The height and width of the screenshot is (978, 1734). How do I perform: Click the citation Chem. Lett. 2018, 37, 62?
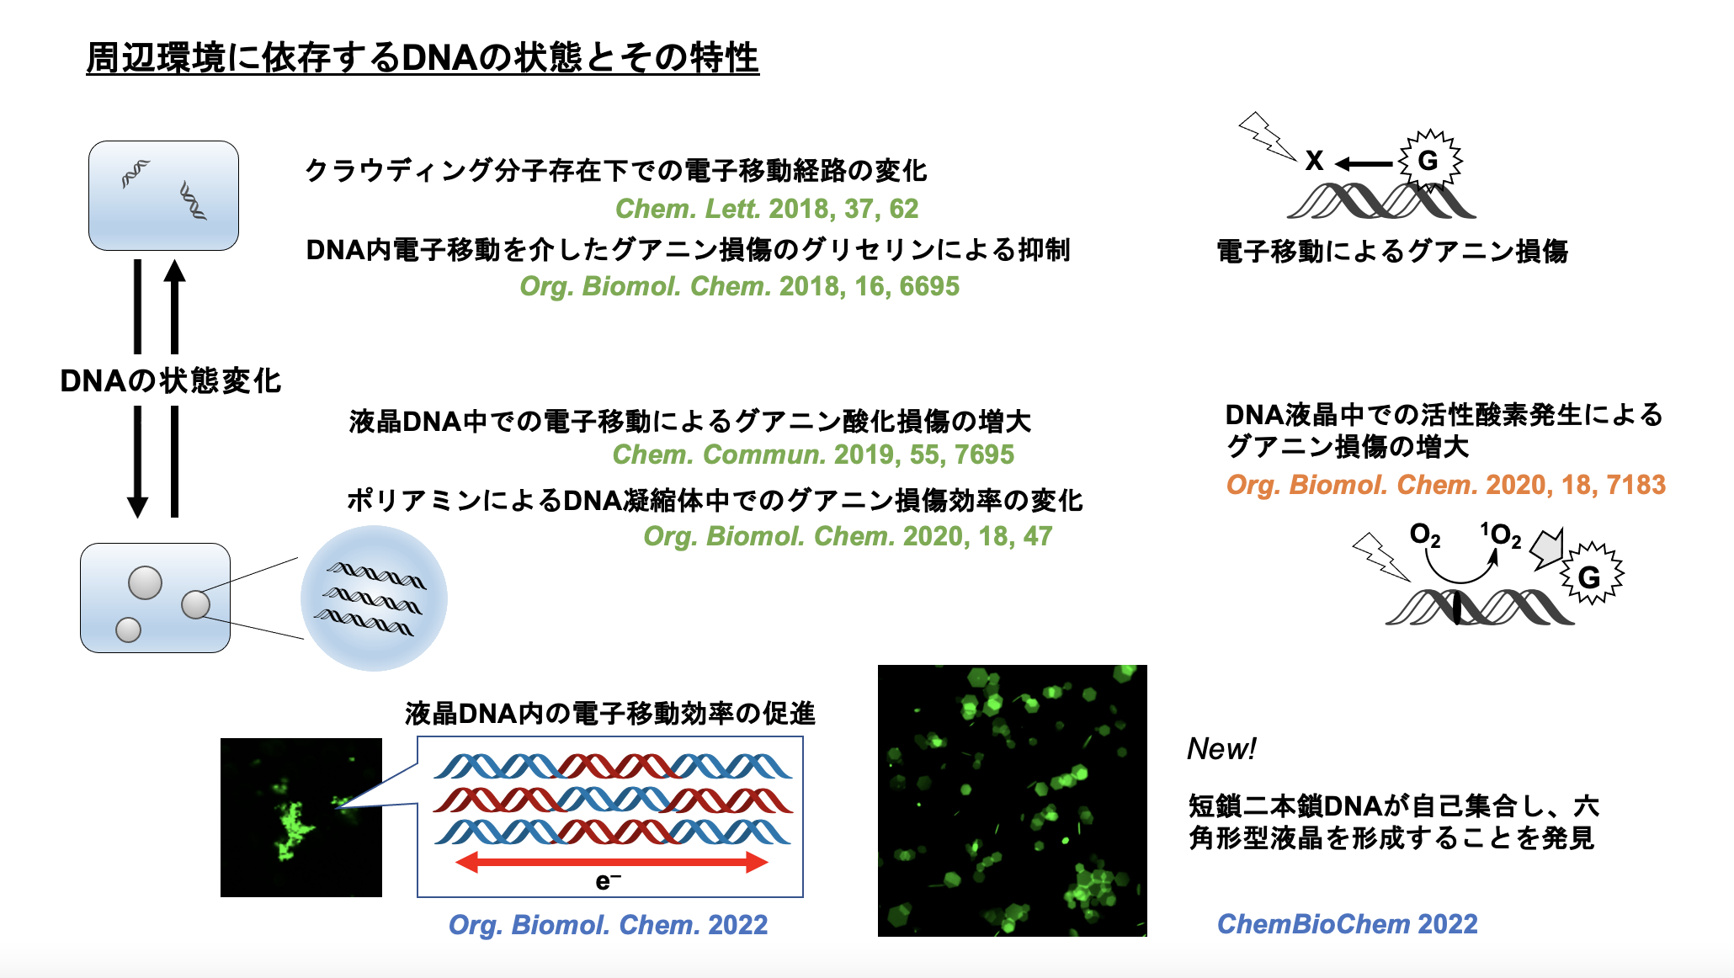pyautogui.click(x=767, y=208)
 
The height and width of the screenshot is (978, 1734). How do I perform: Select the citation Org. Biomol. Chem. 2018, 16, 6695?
pyautogui.click(x=739, y=286)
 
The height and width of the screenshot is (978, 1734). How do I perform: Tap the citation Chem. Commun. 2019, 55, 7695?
pyautogui.click(x=813, y=454)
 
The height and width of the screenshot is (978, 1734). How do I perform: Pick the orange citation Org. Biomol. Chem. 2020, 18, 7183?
pyautogui.click(x=1445, y=485)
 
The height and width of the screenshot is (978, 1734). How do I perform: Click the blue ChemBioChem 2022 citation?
pyautogui.click(x=1347, y=924)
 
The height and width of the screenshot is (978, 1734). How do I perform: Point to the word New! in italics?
pyautogui.click(x=1221, y=748)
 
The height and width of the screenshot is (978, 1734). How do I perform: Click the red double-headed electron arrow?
pyautogui.click(x=611, y=862)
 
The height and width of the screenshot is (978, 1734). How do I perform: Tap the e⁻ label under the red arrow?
pyautogui.click(x=608, y=881)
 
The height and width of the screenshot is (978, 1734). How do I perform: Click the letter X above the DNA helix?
pyautogui.click(x=1314, y=161)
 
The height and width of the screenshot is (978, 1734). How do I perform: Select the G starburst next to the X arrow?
pyautogui.click(x=1429, y=160)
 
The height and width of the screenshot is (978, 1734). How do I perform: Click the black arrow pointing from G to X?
pyautogui.click(x=1364, y=163)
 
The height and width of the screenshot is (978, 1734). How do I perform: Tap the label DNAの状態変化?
pyautogui.click(x=171, y=380)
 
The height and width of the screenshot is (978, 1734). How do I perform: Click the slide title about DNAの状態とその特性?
pyautogui.click(x=423, y=58)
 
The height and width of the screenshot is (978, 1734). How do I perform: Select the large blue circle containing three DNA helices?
pyautogui.click(x=374, y=598)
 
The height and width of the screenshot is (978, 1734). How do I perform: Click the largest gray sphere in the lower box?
pyautogui.click(x=145, y=582)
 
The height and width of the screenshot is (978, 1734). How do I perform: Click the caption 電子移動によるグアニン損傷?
pyautogui.click(x=1392, y=251)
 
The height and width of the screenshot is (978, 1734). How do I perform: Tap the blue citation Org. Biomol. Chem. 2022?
pyautogui.click(x=608, y=925)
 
